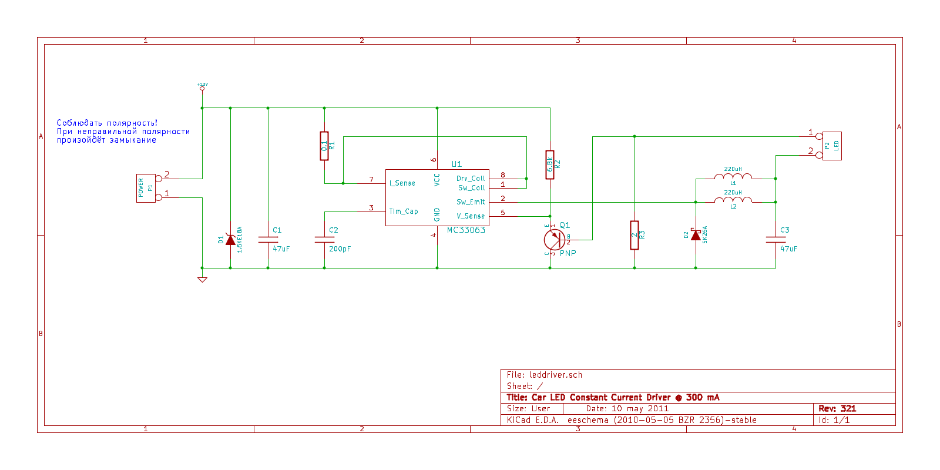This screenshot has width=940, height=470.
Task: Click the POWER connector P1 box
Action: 146,188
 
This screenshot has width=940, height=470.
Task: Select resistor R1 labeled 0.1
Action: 324,146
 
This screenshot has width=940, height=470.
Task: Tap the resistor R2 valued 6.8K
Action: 550,164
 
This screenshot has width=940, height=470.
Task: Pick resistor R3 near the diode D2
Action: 634,235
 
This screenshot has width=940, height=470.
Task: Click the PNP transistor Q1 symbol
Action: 554,239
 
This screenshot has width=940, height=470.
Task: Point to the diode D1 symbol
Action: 230,240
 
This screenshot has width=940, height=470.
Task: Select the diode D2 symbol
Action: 696,235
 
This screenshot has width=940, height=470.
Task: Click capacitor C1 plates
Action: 268,240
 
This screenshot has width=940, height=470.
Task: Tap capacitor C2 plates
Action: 324,240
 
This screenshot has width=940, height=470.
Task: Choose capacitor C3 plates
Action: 775,240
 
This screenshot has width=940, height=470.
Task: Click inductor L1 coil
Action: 733,176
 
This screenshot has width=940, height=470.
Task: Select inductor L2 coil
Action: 733,200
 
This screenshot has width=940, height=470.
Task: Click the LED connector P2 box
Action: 832,146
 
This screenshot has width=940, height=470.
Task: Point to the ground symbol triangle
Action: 202,280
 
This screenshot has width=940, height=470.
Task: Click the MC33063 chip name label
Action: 466,230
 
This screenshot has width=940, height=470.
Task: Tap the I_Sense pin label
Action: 402,183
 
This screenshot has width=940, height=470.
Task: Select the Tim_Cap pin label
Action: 404,211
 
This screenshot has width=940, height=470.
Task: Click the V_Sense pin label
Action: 471,216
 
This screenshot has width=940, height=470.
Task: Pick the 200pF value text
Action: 340,249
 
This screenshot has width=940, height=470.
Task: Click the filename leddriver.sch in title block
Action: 556,375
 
